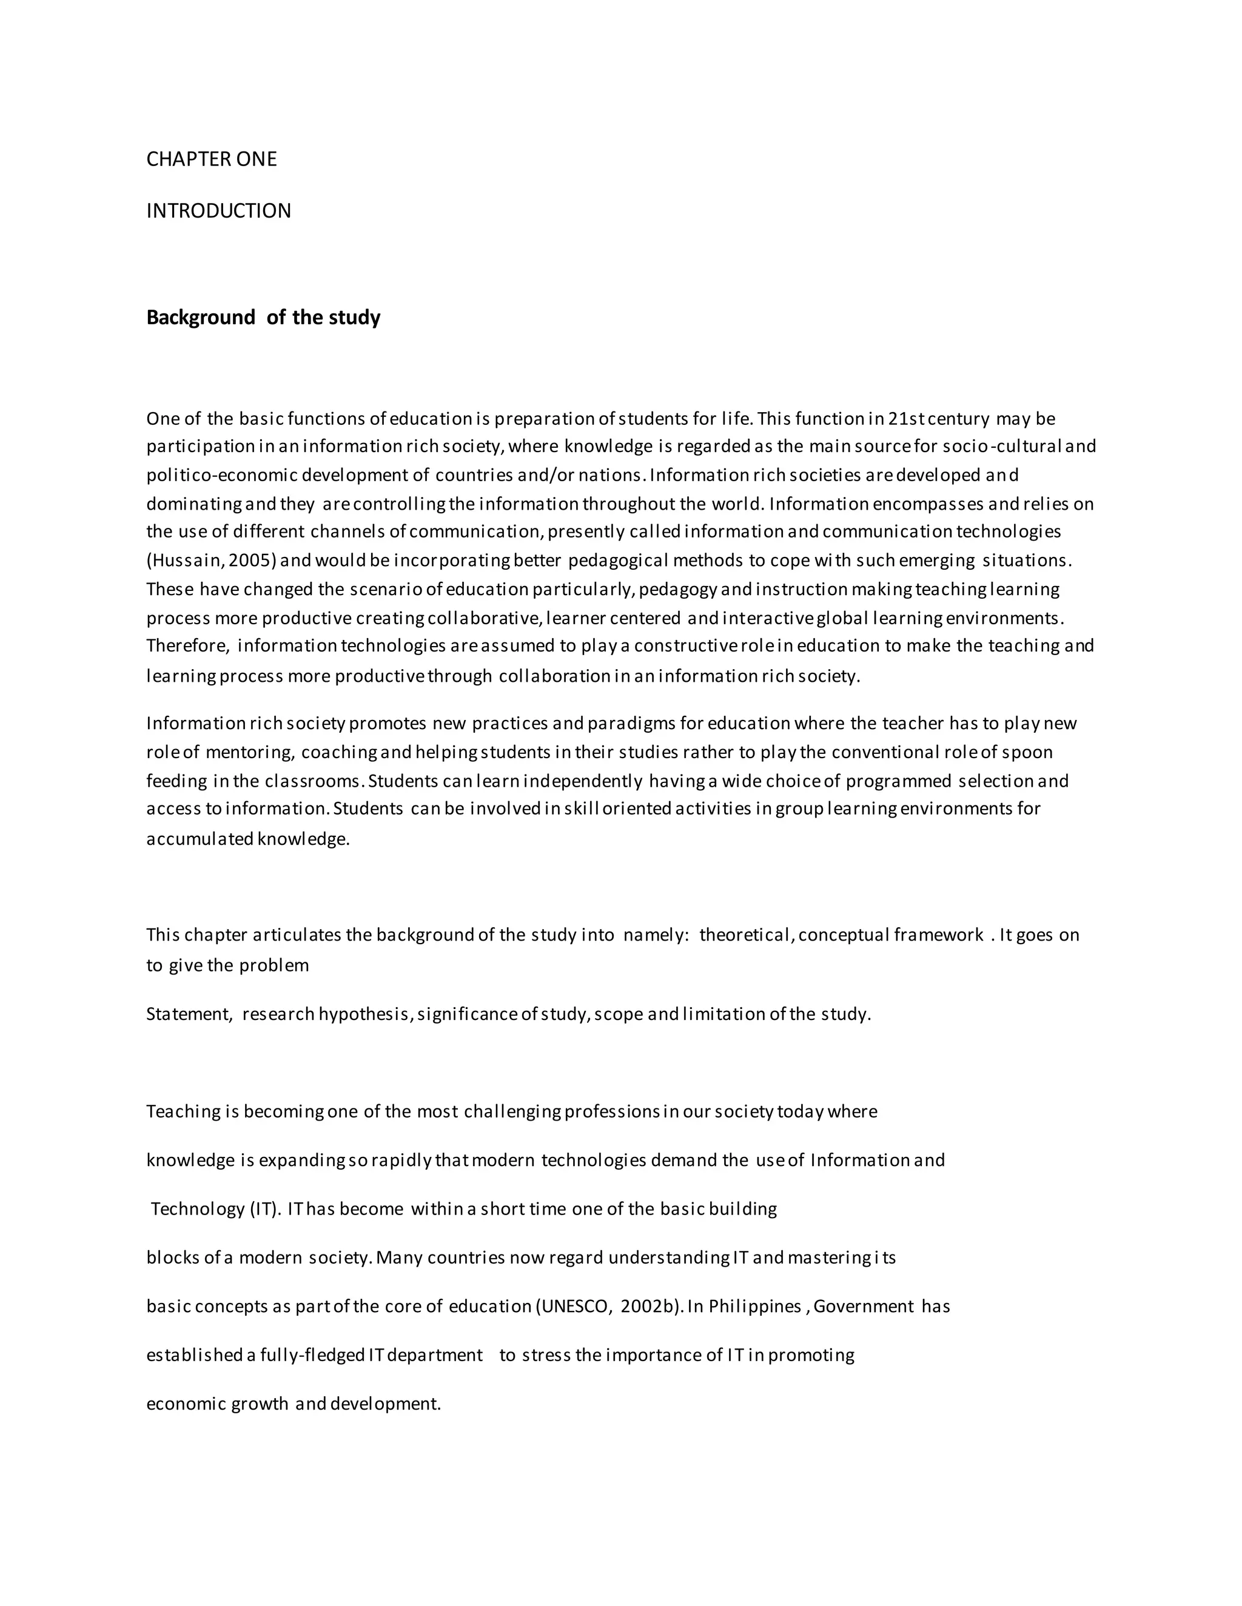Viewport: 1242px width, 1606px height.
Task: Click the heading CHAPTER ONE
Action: click(x=211, y=159)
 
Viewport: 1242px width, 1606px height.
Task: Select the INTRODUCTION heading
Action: click(x=218, y=211)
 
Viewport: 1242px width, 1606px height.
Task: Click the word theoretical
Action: click(x=745, y=935)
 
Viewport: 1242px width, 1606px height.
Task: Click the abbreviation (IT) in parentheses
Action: click(x=261, y=1209)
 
